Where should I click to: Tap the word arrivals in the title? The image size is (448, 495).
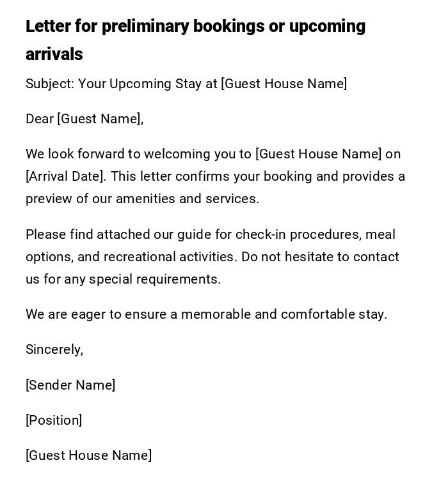point(54,54)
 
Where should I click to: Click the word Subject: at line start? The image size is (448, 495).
point(50,84)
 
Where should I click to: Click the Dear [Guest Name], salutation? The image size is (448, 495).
point(84,119)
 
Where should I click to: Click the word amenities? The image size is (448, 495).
point(145,199)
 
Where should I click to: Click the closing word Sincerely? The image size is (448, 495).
point(54,349)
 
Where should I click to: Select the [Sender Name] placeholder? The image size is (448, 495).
point(70,385)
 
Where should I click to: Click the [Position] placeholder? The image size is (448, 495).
point(54,420)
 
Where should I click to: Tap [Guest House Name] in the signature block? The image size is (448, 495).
point(88,455)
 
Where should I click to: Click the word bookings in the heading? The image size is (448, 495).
point(229,26)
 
